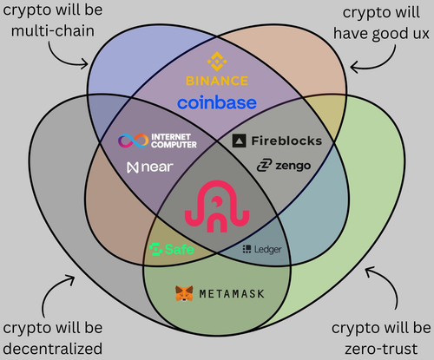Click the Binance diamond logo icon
(x=217, y=62)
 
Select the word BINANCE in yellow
(x=217, y=81)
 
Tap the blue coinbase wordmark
(x=217, y=102)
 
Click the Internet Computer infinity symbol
(x=134, y=141)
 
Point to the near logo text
(x=150, y=167)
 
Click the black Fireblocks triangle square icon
(x=240, y=141)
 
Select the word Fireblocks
(x=286, y=141)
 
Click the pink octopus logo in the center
(x=217, y=206)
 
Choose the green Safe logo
(x=172, y=249)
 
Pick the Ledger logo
(x=262, y=249)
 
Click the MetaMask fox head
(x=184, y=293)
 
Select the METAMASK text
(x=232, y=294)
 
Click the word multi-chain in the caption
(x=53, y=31)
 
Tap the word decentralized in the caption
(x=53, y=349)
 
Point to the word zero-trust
(x=381, y=349)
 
